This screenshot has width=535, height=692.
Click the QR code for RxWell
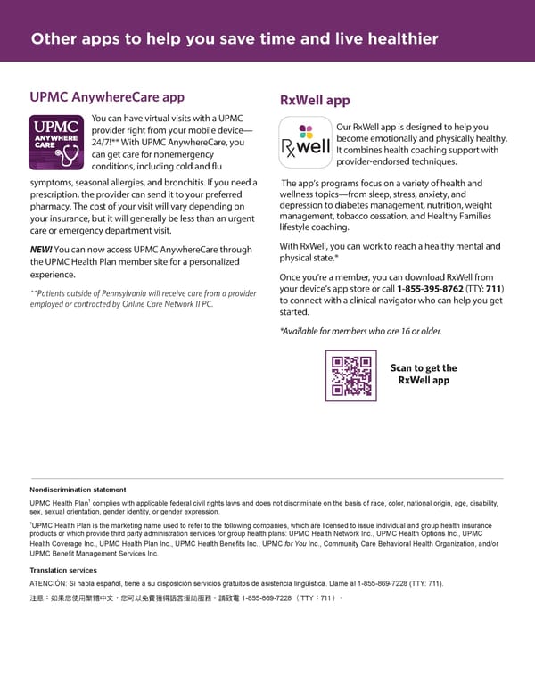[x=350, y=375]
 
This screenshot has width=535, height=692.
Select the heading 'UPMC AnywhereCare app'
[x=107, y=97]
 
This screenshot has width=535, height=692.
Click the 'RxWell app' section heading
[x=315, y=101]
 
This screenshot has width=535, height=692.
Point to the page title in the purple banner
[x=235, y=38]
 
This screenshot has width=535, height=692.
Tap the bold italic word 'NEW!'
[x=41, y=250]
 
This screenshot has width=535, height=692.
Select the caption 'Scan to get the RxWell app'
[x=424, y=374]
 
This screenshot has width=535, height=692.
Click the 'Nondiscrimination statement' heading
[x=78, y=490]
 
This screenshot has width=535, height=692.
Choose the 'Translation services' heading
[x=63, y=570]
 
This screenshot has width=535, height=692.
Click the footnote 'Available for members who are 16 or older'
[x=360, y=331]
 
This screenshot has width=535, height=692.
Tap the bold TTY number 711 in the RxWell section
[x=494, y=289]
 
